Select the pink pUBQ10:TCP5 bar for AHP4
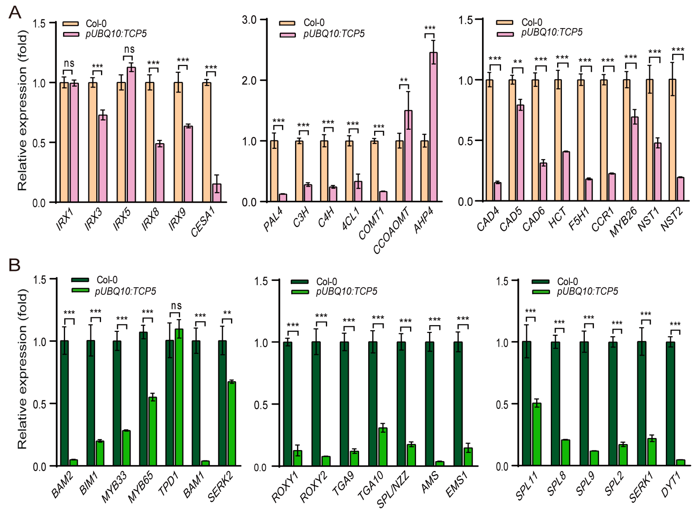[x=433, y=127]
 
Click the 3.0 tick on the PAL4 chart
[x=249, y=20]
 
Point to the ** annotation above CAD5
[x=518, y=61]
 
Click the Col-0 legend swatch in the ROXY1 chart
[x=300, y=281]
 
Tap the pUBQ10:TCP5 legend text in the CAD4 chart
[x=552, y=32]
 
